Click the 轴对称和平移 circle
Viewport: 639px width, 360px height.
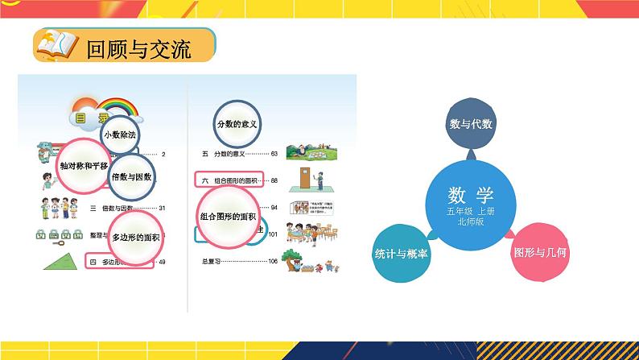(86, 164)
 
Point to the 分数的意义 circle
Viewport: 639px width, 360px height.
(241, 124)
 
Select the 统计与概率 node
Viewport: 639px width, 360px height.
(400, 253)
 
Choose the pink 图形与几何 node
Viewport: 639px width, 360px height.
(541, 252)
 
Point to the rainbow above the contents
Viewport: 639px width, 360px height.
(117, 105)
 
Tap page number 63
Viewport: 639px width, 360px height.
(274, 153)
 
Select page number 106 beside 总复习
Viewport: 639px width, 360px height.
(272, 261)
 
